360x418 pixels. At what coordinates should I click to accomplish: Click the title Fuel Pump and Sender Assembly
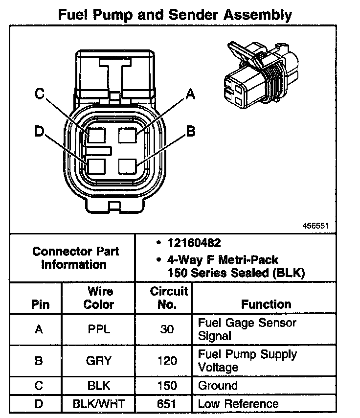click(x=175, y=14)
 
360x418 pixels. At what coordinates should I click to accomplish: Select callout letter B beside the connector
click(x=191, y=131)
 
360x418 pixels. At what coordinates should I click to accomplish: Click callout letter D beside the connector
click(x=40, y=131)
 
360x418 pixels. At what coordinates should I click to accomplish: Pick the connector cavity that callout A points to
click(x=127, y=135)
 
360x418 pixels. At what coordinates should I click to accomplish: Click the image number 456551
click(x=315, y=226)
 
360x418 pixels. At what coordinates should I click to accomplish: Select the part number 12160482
click(x=194, y=243)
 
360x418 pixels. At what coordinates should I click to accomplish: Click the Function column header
click(x=266, y=304)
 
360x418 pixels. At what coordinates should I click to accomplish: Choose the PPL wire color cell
click(x=99, y=329)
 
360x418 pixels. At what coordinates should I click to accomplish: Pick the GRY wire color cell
click(x=99, y=361)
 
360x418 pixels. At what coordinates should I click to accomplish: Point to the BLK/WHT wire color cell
click(x=99, y=404)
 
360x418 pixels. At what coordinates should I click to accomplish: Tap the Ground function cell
click(x=218, y=386)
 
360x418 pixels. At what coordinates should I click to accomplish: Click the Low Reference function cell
click(x=238, y=404)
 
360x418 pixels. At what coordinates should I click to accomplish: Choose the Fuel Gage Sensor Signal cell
click(x=247, y=329)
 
